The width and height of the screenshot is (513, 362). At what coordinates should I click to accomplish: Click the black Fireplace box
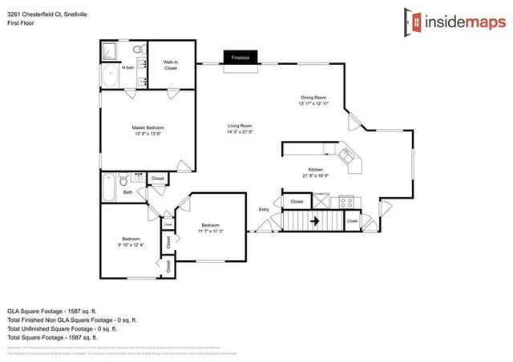240,58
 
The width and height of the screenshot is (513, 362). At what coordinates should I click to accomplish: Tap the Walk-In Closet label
171,66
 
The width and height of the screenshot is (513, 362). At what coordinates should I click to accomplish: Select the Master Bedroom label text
148,131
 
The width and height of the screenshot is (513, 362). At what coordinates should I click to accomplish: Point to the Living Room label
240,128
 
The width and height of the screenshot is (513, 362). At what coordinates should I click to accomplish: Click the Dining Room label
314,100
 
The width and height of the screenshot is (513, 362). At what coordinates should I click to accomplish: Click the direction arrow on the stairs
315,219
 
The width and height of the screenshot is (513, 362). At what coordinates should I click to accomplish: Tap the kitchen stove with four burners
346,201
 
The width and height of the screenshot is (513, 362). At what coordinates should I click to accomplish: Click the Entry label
264,210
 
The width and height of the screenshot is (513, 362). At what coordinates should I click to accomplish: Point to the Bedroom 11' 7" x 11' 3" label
210,228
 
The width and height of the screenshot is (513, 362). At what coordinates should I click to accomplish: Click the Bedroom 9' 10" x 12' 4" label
131,242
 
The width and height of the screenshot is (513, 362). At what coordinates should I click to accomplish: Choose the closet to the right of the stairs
352,219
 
